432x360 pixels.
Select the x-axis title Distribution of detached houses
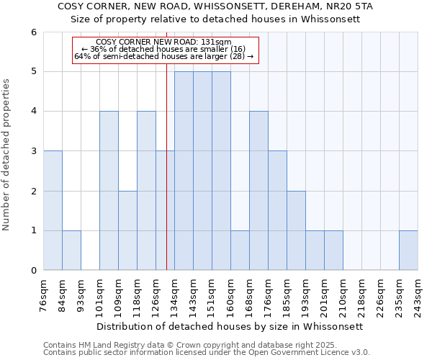[230, 326]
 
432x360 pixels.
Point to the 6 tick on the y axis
[34, 32]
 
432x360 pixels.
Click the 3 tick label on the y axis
[34, 151]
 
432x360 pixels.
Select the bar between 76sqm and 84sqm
[53, 210]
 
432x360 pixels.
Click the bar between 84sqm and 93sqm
[71, 250]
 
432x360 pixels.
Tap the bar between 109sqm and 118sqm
[127, 230]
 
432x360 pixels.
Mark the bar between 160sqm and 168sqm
[240, 250]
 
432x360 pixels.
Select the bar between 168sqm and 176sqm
[258, 191]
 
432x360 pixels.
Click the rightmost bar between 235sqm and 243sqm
[408, 250]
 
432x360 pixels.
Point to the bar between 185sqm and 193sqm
[296, 230]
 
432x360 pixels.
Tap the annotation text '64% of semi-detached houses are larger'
[163, 56]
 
